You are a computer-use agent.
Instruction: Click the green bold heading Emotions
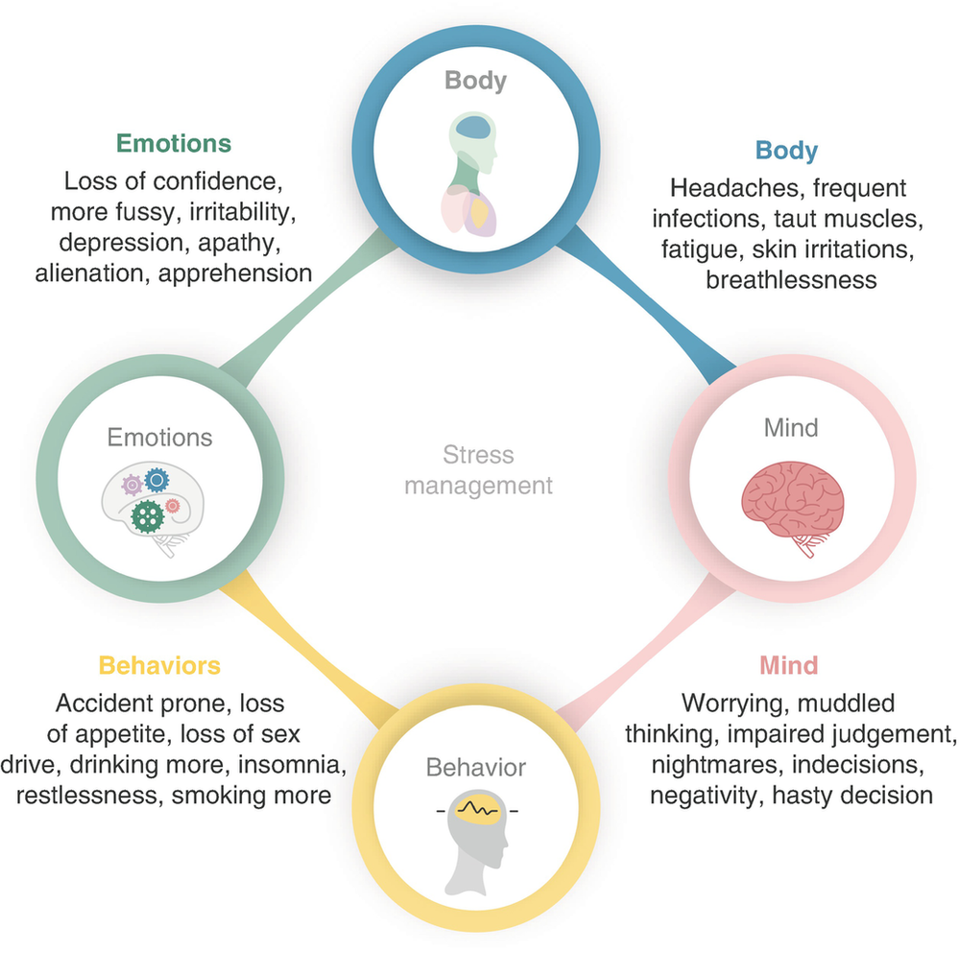pos(174,143)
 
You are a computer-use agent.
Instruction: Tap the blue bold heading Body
pos(786,150)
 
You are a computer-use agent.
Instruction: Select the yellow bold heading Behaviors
pos(159,665)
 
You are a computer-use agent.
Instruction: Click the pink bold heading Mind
pos(788,665)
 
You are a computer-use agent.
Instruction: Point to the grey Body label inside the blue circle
pos(475,80)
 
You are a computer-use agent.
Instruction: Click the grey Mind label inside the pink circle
pos(791,427)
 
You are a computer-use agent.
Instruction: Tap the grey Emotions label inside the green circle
pos(159,438)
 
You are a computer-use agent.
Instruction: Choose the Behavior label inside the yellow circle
pos(476,767)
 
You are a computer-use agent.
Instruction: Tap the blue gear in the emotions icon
pos(155,479)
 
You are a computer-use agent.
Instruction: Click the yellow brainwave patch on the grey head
pos(477,809)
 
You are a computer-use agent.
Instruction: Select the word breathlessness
pos(791,279)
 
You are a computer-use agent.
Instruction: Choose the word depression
pos(106,242)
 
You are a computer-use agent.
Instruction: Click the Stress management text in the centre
pos(478,469)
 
